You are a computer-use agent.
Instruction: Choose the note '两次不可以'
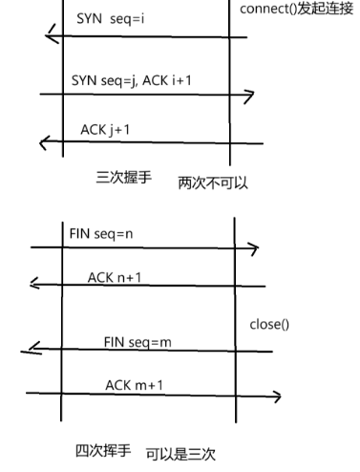(x=213, y=182)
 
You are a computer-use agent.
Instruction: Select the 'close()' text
(x=269, y=324)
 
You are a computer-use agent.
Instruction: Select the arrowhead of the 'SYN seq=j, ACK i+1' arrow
(x=250, y=96)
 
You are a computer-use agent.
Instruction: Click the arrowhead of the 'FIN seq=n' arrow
(x=253, y=249)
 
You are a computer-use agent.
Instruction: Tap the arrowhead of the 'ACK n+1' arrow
(x=34, y=284)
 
